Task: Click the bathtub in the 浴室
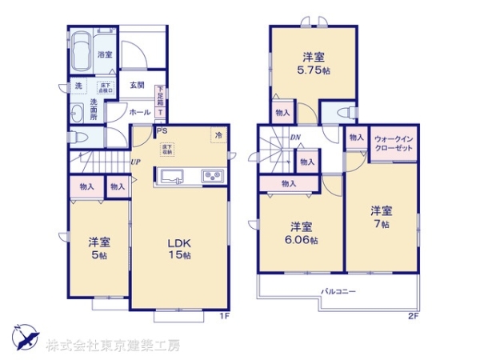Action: (80, 53)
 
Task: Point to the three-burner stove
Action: (214, 177)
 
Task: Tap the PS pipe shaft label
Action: (162, 131)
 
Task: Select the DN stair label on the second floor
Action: (294, 137)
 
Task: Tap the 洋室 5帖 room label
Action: (98, 247)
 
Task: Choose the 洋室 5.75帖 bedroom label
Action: (313, 63)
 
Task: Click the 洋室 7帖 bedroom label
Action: (381, 218)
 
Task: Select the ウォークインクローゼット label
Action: (393, 143)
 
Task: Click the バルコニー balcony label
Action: (338, 291)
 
